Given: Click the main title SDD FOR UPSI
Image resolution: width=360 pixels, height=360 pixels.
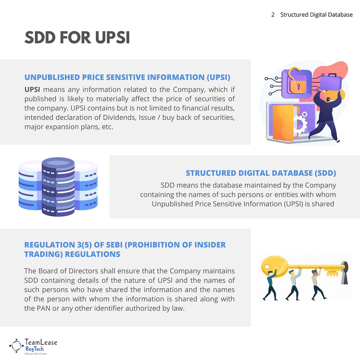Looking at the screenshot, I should (x=77, y=38).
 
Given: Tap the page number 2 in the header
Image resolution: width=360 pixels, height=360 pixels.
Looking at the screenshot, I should (x=273, y=15).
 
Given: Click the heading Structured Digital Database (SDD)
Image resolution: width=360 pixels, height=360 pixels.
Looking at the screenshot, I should (x=261, y=173).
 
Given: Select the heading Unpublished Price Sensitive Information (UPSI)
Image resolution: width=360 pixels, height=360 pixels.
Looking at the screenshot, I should (x=127, y=77).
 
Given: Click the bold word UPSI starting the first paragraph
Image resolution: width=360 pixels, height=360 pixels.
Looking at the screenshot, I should (x=32, y=89).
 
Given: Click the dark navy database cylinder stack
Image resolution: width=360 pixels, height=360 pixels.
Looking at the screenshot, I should (x=58, y=187).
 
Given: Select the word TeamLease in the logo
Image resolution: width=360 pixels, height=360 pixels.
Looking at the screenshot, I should (x=41, y=342).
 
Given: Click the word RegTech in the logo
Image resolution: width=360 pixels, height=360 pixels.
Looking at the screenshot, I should (x=34, y=349).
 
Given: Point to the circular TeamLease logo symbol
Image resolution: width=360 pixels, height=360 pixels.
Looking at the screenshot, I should (x=16, y=346).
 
